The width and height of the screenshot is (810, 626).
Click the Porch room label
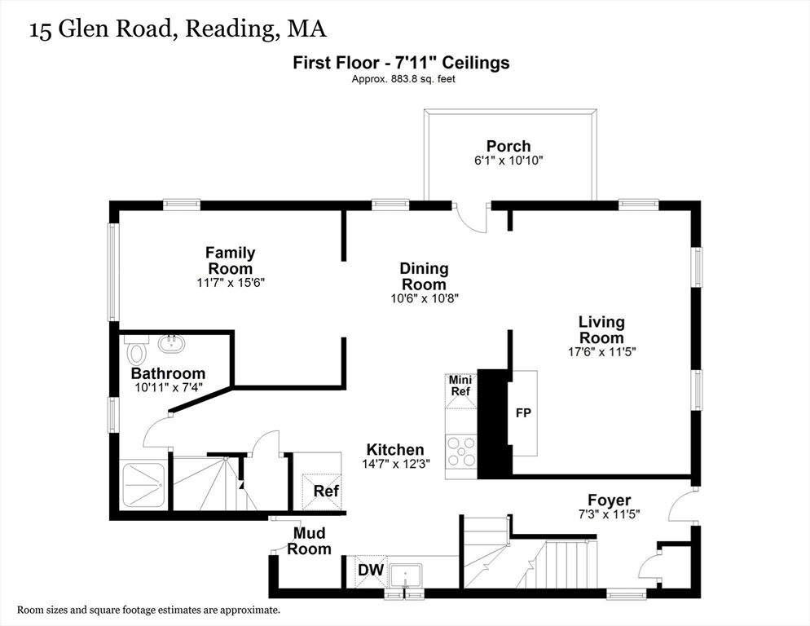508,146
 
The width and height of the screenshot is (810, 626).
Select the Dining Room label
424,276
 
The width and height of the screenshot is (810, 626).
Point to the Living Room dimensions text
601,352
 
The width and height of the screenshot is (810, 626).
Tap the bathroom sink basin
171,344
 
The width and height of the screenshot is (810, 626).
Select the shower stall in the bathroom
143,485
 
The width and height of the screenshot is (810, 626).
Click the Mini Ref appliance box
460,390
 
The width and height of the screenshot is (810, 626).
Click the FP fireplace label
523,413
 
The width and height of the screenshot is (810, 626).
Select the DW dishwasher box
371,571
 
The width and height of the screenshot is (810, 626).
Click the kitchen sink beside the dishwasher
406,575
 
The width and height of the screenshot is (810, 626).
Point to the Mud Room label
309,540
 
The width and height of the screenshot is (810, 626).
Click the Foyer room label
609,500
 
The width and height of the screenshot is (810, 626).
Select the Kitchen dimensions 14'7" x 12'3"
396,464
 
